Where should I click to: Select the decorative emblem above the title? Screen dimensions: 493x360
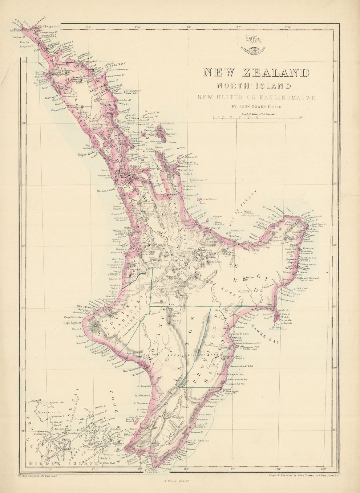pyautogui.click(x=255, y=43)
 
